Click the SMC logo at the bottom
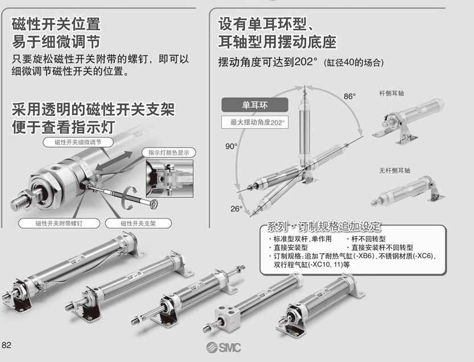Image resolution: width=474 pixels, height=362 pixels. pos(224,348)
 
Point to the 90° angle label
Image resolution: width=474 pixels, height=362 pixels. pos(230,146)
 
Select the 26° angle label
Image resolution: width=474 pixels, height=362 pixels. pos(236,208)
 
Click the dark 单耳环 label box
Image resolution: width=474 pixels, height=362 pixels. pos(254,105)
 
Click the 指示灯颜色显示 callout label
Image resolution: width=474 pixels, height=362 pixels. pos(168,153)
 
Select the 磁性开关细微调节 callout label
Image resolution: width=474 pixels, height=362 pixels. pos(78,142)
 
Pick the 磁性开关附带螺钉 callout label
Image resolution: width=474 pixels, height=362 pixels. pos(59,224)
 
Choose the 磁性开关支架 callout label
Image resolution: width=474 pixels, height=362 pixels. pos(138,224)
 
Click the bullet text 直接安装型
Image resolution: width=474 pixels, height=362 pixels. pos(289,248)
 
